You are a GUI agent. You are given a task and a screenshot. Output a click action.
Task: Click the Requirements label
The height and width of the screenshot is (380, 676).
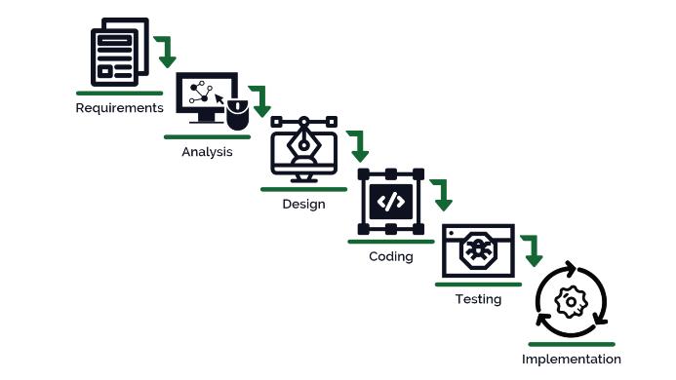point(119,107)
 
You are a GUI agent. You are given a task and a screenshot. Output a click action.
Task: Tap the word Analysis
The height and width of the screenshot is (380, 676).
point(207,152)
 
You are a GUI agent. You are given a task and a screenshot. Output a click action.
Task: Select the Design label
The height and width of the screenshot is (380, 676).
point(303,205)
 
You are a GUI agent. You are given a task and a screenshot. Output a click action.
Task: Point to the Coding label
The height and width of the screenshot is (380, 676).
point(390,256)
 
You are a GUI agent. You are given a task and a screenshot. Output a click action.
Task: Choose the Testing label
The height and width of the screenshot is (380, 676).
point(478,299)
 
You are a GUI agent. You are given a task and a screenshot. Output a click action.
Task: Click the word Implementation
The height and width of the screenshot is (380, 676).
point(571,360)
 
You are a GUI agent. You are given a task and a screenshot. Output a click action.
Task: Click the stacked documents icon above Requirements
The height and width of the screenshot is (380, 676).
point(119,52)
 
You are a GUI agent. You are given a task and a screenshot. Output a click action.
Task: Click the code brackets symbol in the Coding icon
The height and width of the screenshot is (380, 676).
point(390,203)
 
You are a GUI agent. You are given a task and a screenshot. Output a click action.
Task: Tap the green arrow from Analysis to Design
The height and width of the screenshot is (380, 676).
point(260,101)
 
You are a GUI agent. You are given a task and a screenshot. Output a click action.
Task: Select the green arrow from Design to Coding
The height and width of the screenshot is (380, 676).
point(358,146)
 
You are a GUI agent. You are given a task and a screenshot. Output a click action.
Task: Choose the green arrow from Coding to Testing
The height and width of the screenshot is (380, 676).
point(443,195)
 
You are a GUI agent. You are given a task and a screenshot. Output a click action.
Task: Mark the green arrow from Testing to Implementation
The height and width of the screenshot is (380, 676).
point(532,250)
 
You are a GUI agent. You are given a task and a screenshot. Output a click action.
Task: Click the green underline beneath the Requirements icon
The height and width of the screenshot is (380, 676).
point(119,93)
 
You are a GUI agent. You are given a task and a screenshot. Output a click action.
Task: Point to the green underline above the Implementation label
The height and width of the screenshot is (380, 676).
point(571,344)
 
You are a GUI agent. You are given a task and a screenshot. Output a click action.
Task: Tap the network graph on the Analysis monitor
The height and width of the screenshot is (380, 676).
point(201,93)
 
